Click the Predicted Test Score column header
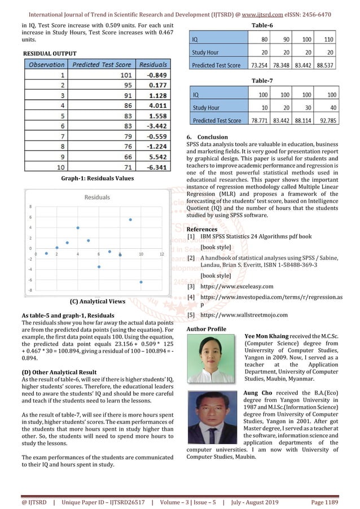point(102,65)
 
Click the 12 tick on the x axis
point(162,253)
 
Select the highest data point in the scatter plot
point(130,220)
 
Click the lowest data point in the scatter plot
point(141,282)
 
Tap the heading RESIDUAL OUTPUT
point(45,52)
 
